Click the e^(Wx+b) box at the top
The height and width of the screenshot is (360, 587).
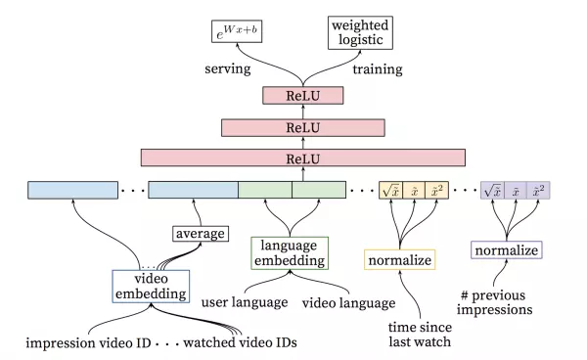pos(239,32)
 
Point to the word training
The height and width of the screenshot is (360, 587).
pos(376,69)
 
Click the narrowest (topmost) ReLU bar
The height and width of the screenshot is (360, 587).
pos(302,95)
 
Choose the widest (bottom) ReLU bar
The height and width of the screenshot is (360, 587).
pos(302,157)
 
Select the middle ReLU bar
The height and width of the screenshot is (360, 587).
pos(302,126)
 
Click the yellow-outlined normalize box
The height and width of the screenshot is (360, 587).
pos(399,260)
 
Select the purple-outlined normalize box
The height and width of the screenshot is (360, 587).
pos(506,250)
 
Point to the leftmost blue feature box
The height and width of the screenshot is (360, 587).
pos(73,190)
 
